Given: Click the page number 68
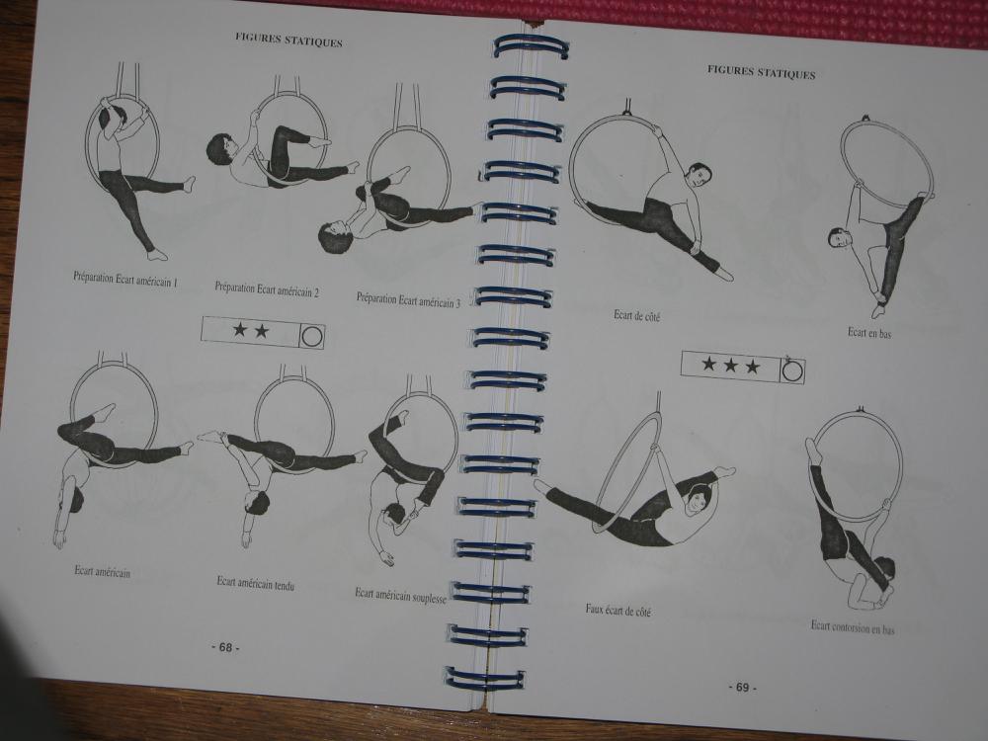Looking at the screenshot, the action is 225,647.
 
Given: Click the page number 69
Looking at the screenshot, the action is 742,687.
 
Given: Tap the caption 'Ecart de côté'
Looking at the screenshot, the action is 636,316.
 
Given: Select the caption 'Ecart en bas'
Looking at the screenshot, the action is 868,333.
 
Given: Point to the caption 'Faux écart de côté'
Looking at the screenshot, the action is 617,610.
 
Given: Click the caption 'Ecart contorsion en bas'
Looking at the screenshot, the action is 853,627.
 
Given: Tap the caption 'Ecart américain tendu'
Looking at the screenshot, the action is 255,583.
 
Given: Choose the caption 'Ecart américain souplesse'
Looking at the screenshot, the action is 401,596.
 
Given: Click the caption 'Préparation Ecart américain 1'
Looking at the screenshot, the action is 125,280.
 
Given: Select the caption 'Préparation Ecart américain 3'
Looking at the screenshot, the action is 408,300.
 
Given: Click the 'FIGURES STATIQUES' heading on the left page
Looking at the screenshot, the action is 288,40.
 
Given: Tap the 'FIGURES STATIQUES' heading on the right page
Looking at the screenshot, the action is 761,72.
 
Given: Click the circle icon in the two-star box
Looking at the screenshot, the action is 312,336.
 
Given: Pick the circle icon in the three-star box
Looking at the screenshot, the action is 792,370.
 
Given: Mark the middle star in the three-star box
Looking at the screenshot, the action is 730,365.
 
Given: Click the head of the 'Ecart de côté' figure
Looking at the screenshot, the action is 699,177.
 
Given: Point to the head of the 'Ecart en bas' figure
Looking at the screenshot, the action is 839,238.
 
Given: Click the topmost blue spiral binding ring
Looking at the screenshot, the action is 531,46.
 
